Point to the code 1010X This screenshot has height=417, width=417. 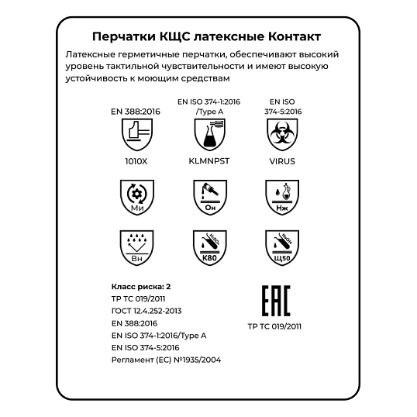(136, 163)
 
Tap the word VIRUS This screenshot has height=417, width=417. (282, 163)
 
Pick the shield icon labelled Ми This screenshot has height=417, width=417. (136, 197)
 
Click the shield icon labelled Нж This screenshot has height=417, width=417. (282, 197)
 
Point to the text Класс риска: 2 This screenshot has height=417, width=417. (142, 285)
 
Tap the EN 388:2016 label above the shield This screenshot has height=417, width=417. (136, 112)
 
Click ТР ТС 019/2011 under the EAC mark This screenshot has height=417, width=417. (274, 327)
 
